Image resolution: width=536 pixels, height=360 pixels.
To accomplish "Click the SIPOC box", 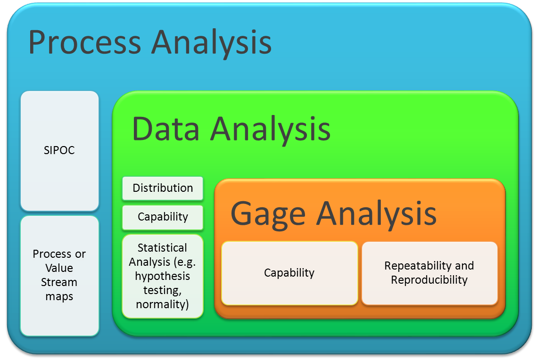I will point(59,151).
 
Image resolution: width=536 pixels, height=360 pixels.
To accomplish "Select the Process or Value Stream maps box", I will point(59,275).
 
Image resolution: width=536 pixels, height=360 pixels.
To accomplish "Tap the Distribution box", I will point(163,188).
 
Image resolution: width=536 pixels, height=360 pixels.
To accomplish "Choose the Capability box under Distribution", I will point(163,217).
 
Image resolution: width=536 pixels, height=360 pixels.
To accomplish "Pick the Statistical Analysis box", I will point(163,276).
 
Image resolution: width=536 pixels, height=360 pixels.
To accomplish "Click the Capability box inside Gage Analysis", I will point(289,273).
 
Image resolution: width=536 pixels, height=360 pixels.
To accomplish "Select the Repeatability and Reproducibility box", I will point(429,273).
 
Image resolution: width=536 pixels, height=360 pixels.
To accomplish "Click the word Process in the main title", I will point(85,42).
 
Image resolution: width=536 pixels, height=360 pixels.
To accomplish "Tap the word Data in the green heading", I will point(167,128).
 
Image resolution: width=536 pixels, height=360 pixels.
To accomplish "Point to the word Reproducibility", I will point(429,280).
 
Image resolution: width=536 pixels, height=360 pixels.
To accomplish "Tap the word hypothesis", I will point(163,276).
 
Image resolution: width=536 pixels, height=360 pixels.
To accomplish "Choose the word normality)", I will point(163,304).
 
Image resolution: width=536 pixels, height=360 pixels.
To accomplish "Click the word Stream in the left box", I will point(59,283).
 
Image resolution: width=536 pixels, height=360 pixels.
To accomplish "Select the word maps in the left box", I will point(59,297).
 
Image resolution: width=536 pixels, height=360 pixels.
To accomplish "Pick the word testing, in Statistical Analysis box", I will point(163,290).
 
